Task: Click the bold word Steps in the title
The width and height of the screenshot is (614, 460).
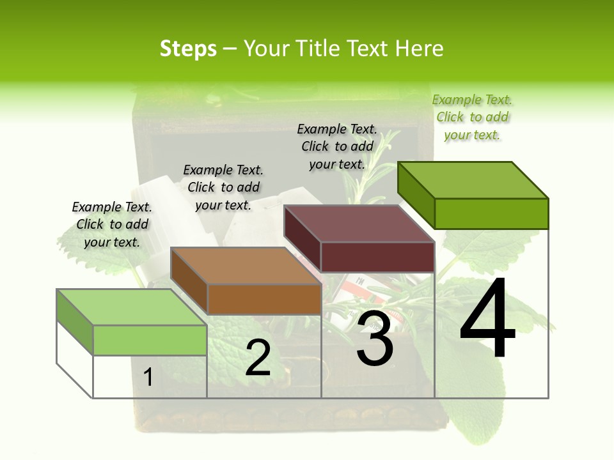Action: (188, 49)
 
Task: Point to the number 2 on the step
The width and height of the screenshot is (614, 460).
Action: (258, 357)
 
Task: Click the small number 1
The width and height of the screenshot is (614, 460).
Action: (148, 377)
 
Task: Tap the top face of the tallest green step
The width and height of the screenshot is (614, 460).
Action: (473, 180)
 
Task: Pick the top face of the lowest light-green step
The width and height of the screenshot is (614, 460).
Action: (131, 307)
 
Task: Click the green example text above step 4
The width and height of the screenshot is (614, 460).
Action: (472, 117)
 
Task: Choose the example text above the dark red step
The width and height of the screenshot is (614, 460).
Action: (337, 146)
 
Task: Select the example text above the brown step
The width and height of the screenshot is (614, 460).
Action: (223, 187)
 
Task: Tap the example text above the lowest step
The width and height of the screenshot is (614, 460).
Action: (112, 224)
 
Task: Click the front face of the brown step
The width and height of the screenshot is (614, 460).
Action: (264, 299)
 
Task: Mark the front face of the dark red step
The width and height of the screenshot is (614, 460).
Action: (377, 257)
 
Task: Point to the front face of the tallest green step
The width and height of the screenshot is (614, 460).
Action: (491, 213)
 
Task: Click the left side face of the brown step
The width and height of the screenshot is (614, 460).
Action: (189, 281)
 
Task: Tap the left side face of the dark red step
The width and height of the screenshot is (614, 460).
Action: (302, 239)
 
